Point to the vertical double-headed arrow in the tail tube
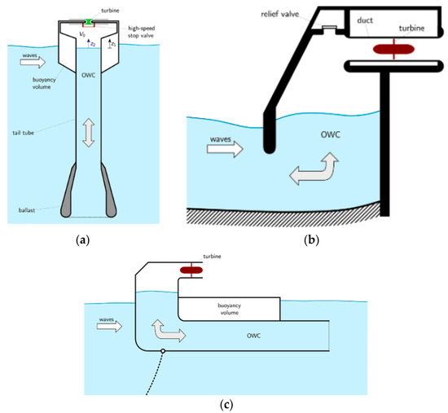pos(88,132)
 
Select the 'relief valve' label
pos(283,15)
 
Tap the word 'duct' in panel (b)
pos(370,24)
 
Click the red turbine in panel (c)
pos(193,270)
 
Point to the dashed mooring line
pos(154,377)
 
